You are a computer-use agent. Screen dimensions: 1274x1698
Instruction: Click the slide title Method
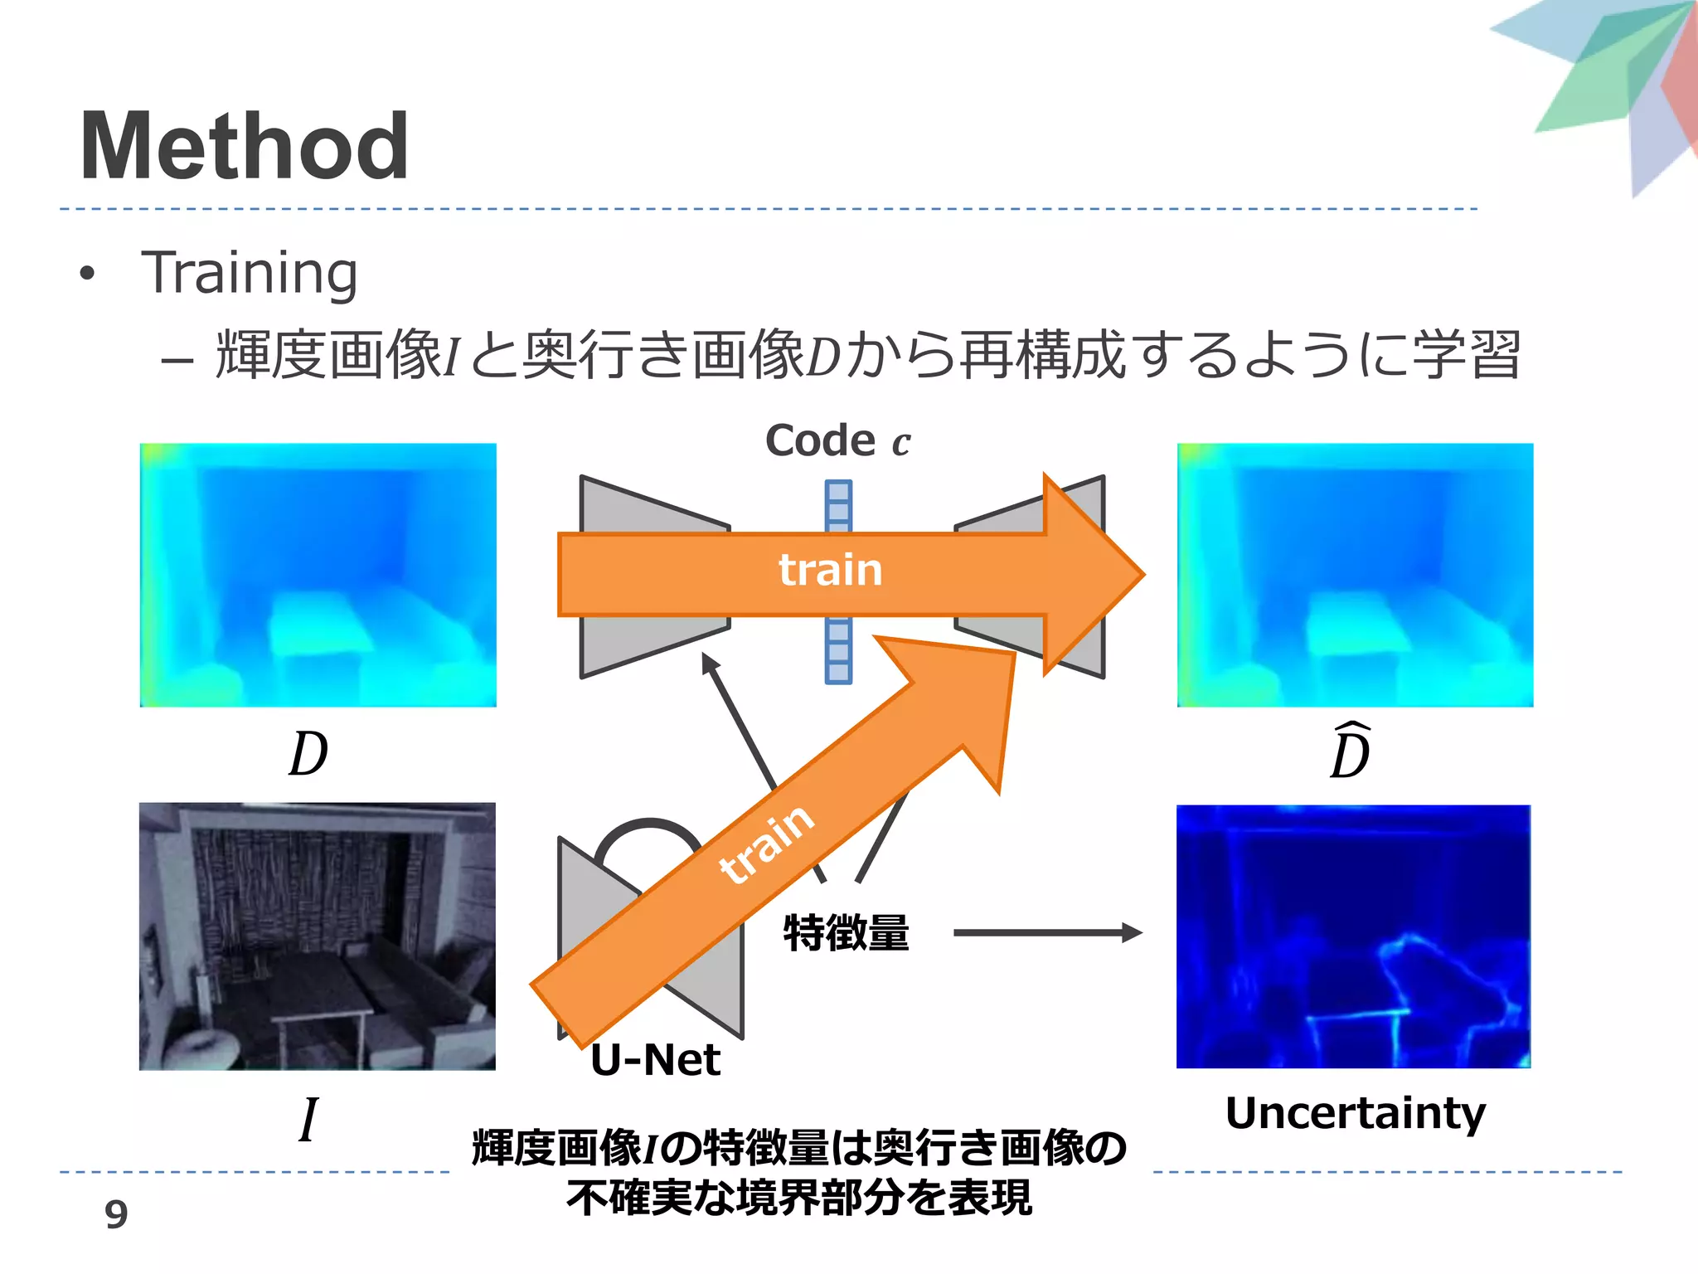point(244,148)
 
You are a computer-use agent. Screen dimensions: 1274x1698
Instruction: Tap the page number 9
point(116,1214)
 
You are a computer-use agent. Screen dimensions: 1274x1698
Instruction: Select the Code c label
point(837,440)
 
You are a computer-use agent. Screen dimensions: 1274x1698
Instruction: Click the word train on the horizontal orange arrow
point(830,571)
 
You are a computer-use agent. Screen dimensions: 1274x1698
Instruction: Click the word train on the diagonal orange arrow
point(767,844)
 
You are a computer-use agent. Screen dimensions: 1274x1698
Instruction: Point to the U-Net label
point(655,1060)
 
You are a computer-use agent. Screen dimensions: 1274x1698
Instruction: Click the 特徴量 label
point(846,932)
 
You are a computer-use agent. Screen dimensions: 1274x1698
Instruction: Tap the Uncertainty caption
point(1355,1114)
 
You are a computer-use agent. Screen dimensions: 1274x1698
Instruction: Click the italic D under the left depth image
point(308,754)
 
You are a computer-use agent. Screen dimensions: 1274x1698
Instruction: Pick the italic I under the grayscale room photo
point(308,1120)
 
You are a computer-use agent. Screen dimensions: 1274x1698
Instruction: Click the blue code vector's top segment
point(838,491)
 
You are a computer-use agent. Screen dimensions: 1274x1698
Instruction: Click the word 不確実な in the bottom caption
point(630,1198)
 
